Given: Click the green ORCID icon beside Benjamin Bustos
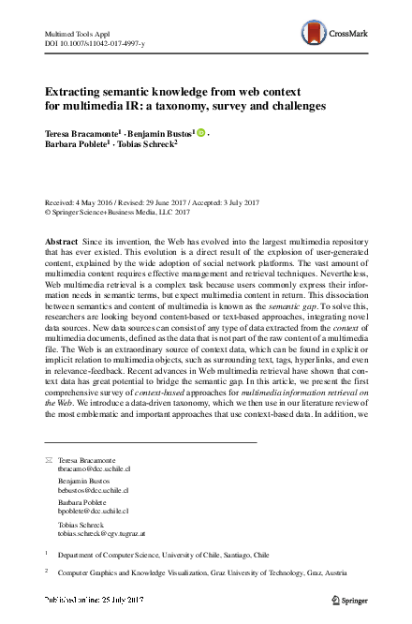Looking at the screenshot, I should tap(200, 133).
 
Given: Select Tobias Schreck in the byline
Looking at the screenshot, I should tap(147, 147).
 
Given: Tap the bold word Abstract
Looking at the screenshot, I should tap(62, 242).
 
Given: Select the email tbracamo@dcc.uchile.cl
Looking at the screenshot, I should tap(94, 471).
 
